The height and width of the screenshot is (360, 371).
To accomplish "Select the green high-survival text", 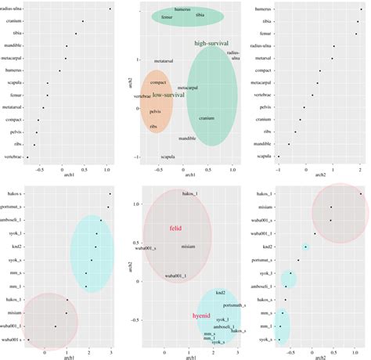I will [212, 43].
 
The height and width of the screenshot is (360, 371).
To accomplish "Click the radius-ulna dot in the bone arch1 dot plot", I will [110, 9].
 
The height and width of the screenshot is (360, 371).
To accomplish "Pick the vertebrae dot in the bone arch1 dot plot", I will [29, 157].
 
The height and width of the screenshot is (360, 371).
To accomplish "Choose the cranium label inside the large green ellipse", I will [207, 118].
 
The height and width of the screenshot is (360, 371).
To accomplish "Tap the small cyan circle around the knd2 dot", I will [306, 247].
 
